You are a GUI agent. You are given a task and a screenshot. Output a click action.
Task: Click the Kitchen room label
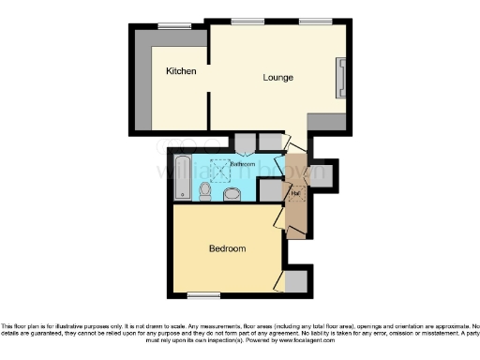click(181, 71)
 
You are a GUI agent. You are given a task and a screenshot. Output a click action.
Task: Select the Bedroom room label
click(227, 248)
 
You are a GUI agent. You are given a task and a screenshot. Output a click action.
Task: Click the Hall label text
click(295, 194)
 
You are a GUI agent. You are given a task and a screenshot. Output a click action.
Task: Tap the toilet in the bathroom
click(205, 191)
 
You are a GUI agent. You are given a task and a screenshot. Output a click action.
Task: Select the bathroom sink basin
click(233, 193)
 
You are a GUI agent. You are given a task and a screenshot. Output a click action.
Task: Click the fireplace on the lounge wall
click(341, 77)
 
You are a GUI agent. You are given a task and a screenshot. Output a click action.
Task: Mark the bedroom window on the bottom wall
click(202, 296)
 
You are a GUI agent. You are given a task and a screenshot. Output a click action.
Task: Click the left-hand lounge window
click(247, 22)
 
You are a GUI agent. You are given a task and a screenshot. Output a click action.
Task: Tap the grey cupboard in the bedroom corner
click(295, 281)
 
